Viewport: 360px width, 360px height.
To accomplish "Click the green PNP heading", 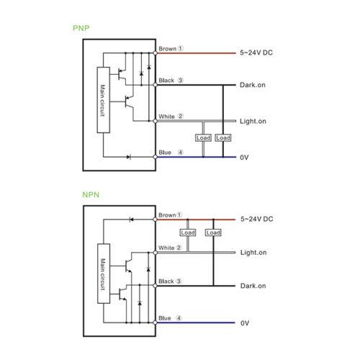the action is (x=81, y=28).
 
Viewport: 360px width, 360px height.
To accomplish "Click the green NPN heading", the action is (x=91, y=194).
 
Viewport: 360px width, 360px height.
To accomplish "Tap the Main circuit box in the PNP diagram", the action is (x=104, y=100).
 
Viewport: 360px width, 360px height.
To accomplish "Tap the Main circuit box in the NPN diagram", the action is (x=104, y=274).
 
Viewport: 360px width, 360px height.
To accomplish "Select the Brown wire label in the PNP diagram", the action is (x=168, y=49).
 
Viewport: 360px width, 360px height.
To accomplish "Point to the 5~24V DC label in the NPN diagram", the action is (x=257, y=219).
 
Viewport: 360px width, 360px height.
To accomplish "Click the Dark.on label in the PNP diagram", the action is (x=253, y=85).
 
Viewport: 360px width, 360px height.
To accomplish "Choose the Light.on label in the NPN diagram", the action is (x=253, y=253).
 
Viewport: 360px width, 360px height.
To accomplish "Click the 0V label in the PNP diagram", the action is (x=244, y=158).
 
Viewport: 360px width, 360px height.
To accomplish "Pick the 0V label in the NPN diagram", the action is (x=245, y=323).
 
